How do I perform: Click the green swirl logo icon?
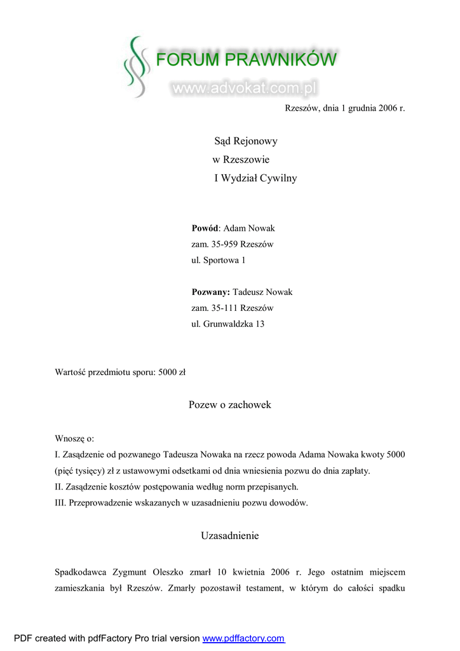pos(135,67)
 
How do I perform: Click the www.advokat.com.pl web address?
pos(244,88)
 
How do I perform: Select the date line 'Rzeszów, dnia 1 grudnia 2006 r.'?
pos(344,108)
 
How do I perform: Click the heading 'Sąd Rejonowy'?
pos(246,141)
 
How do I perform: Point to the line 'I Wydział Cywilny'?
pos(255,178)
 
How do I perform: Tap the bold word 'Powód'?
pos(205,228)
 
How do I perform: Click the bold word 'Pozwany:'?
pos(210,292)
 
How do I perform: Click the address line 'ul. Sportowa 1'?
pos(218,260)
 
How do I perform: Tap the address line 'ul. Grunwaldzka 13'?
pos(227,324)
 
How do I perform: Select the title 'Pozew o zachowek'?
pos(230,405)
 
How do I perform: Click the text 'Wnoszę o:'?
pos(74,439)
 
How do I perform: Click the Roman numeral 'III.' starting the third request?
pos(62,503)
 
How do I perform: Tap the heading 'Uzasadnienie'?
pos(230,536)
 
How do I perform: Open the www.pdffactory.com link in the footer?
pos(243,638)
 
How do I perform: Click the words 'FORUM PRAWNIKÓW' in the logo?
pos(247,61)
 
